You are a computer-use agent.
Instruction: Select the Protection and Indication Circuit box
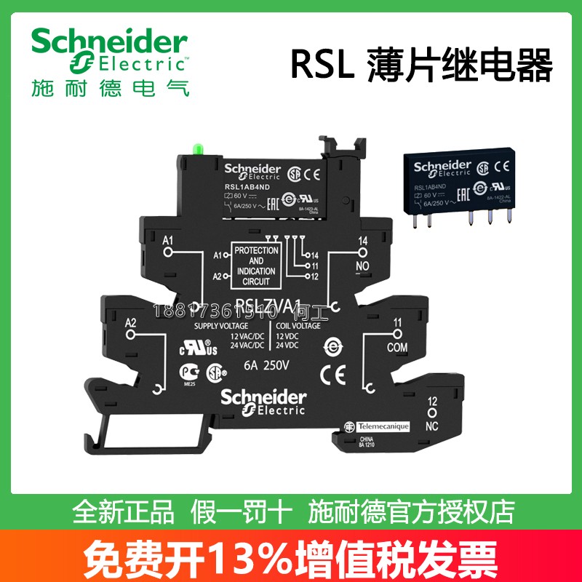coord(256,265)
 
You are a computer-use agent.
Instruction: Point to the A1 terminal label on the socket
coord(168,239)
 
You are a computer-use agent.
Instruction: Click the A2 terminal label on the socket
coord(132,323)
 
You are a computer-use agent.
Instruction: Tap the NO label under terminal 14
coord(363,266)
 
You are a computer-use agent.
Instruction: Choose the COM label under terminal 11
coord(396,348)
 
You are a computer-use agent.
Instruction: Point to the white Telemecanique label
coord(378,425)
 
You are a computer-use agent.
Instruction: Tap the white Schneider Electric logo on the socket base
coord(263,402)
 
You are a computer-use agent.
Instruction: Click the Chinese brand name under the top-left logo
coord(110,89)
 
